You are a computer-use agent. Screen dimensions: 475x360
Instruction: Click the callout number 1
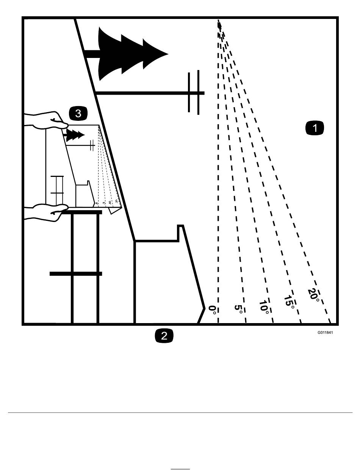[315, 128]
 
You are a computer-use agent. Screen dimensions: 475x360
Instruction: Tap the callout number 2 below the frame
[164, 336]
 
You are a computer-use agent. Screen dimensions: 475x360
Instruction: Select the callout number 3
[78, 113]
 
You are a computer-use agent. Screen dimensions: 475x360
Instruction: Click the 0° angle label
[213, 310]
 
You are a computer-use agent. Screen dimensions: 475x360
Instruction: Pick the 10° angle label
[265, 306]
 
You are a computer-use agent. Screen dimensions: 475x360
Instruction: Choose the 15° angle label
[289, 302]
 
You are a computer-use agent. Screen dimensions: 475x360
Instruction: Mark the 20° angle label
[314, 295]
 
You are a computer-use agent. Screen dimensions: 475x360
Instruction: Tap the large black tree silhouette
[129, 53]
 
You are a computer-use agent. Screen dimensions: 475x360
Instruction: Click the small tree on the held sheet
[75, 135]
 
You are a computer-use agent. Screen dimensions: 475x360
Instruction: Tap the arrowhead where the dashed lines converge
[219, 25]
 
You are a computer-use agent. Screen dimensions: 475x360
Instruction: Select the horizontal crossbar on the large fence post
[76, 273]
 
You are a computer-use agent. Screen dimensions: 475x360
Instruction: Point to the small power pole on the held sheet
[91, 145]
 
